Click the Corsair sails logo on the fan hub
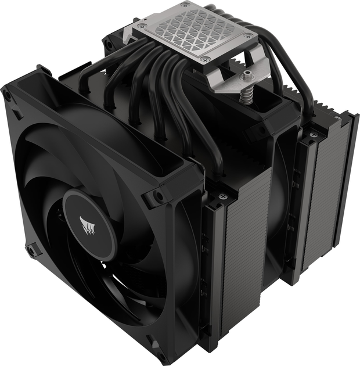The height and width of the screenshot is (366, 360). [88, 223]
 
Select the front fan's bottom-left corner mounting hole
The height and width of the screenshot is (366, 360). [30, 252]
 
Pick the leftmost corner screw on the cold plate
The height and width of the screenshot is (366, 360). [141, 25]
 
